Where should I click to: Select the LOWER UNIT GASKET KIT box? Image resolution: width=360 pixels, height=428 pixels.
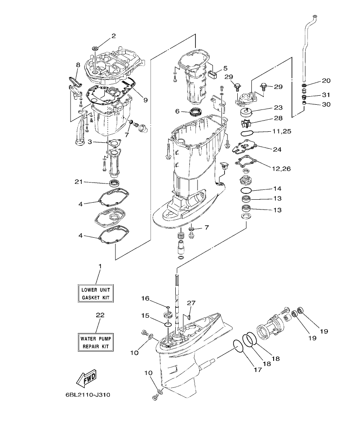[96, 293]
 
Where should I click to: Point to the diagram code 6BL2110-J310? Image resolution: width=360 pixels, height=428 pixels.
[88, 395]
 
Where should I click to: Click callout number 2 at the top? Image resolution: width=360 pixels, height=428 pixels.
[113, 36]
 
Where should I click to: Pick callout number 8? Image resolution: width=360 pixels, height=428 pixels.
[78, 65]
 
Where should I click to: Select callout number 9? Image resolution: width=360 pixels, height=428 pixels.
[145, 100]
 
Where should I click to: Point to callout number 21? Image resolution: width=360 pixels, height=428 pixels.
[78, 182]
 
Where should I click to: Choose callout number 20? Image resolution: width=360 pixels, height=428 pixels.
[326, 80]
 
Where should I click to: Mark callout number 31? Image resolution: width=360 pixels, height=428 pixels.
[326, 94]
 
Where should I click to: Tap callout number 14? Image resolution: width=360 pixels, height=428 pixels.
[277, 189]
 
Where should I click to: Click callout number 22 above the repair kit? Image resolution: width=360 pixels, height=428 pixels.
[100, 315]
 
